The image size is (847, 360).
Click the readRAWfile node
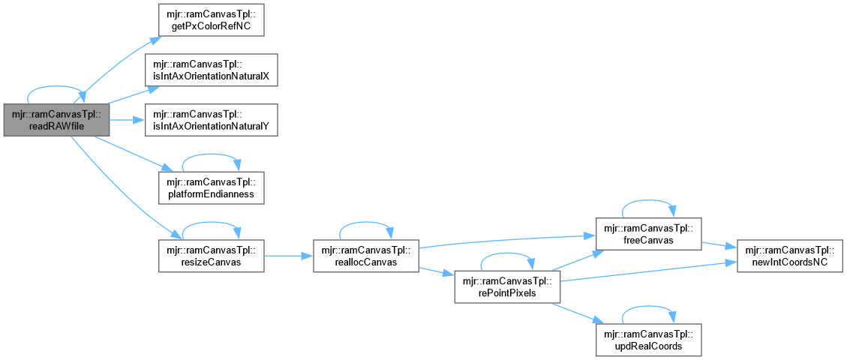[x=56, y=120]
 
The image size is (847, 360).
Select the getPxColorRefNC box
[x=210, y=21]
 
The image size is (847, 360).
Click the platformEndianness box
[x=210, y=187]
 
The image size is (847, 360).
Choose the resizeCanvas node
[x=210, y=256]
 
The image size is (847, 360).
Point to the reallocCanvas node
[x=365, y=256]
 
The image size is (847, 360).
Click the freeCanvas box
[x=647, y=233]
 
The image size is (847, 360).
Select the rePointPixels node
[x=506, y=286]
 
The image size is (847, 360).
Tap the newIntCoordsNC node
[x=790, y=256]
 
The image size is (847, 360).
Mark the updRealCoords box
[x=647, y=340]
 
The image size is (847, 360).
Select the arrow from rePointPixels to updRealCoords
[x=578, y=313]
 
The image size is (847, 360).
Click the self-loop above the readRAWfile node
[x=56, y=89]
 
